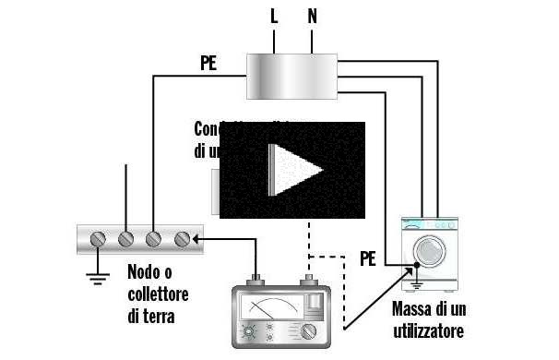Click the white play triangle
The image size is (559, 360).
tap(293, 169)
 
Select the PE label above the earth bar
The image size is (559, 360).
tap(209, 65)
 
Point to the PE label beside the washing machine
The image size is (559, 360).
tap(368, 258)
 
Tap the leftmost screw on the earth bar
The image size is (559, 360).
tap(99, 238)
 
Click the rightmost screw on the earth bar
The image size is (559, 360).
tap(182, 238)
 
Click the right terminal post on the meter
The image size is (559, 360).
tap(308, 282)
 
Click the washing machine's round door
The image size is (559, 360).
tap(428, 250)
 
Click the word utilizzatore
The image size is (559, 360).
tap(427, 330)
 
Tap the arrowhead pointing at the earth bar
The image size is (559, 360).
tap(196, 238)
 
